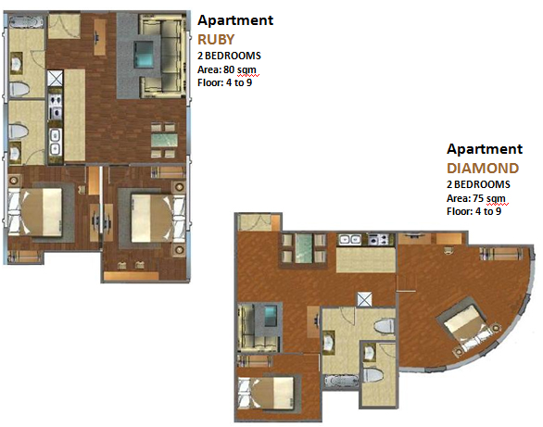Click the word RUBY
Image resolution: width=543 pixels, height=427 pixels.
pos(216,40)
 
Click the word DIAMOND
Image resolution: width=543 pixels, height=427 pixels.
pos(483,169)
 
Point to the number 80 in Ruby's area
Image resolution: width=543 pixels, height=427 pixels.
pos(229,69)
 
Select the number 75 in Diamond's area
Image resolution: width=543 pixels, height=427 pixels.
pos(478,198)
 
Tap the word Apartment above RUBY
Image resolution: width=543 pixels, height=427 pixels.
pos(235,20)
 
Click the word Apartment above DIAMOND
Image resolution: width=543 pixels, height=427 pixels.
pos(484,149)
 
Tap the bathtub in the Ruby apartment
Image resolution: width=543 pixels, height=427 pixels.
pos(26,22)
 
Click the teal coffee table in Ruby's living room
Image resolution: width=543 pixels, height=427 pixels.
pos(144,54)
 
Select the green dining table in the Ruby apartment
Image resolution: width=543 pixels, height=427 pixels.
pos(165,141)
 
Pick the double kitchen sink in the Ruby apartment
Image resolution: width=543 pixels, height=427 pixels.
pos(55,141)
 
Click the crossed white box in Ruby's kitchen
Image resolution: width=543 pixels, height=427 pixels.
pos(55,78)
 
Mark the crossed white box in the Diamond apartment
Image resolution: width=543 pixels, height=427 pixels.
pos(364,299)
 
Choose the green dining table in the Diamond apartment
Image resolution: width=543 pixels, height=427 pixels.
pos(304,247)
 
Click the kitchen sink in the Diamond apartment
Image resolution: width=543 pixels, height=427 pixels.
pos(350,240)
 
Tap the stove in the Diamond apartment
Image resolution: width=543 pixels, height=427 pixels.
pos(378,240)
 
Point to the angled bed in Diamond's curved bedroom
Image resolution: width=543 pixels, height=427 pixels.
pos(469,326)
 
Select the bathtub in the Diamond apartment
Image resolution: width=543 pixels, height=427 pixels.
pos(341,381)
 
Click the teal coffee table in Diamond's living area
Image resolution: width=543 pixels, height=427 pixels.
pos(271,316)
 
